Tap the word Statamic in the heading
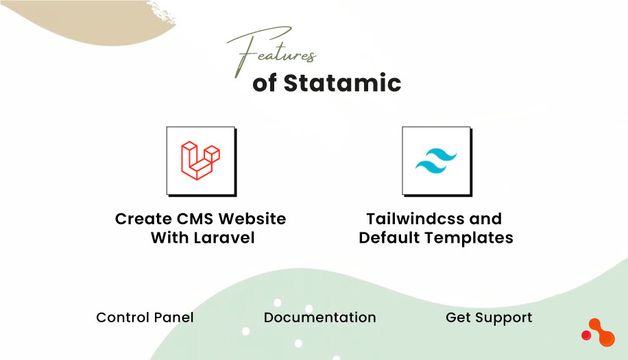tap(342, 83)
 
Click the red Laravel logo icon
tap(200, 160)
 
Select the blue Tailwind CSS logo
tap(436, 161)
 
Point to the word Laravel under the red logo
tap(222, 239)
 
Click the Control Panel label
tap(145, 317)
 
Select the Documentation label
tap(319, 317)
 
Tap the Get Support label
tap(489, 317)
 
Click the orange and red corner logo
tap(599, 333)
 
